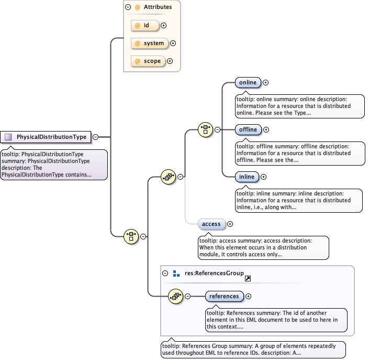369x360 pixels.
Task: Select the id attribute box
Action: (x=145, y=25)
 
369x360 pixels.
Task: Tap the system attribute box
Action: (x=150, y=43)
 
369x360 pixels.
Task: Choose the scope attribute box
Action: (x=148, y=61)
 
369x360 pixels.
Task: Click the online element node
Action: (x=248, y=82)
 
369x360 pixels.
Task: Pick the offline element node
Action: (x=248, y=129)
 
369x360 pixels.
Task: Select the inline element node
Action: (x=247, y=177)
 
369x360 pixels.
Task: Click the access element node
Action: (x=211, y=224)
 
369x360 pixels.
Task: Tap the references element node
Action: (x=224, y=296)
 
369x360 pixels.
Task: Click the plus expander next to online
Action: (x=265, y=82)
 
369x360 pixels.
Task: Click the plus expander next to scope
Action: (x=170, y=61)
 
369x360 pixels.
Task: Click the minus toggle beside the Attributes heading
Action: (x=128, y=7)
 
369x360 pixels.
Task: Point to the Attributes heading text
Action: (x=158, y=7)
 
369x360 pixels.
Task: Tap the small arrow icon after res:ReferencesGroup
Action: (x=248, y=279)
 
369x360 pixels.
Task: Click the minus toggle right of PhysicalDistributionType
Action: (x=96, y=137)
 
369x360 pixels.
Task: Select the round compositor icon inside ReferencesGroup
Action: (x=175, y=297)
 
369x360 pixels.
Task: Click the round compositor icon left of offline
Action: (x=205, y=129)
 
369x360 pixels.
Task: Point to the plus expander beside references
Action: (x=249, y=296)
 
